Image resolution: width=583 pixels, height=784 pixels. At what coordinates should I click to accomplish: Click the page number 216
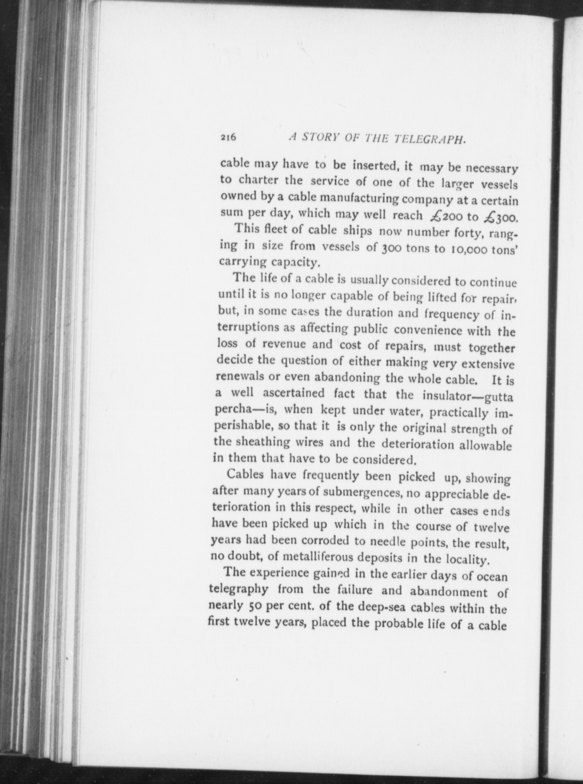coord(228,138)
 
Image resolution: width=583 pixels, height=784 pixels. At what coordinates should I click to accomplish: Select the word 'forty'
coord(475,233)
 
